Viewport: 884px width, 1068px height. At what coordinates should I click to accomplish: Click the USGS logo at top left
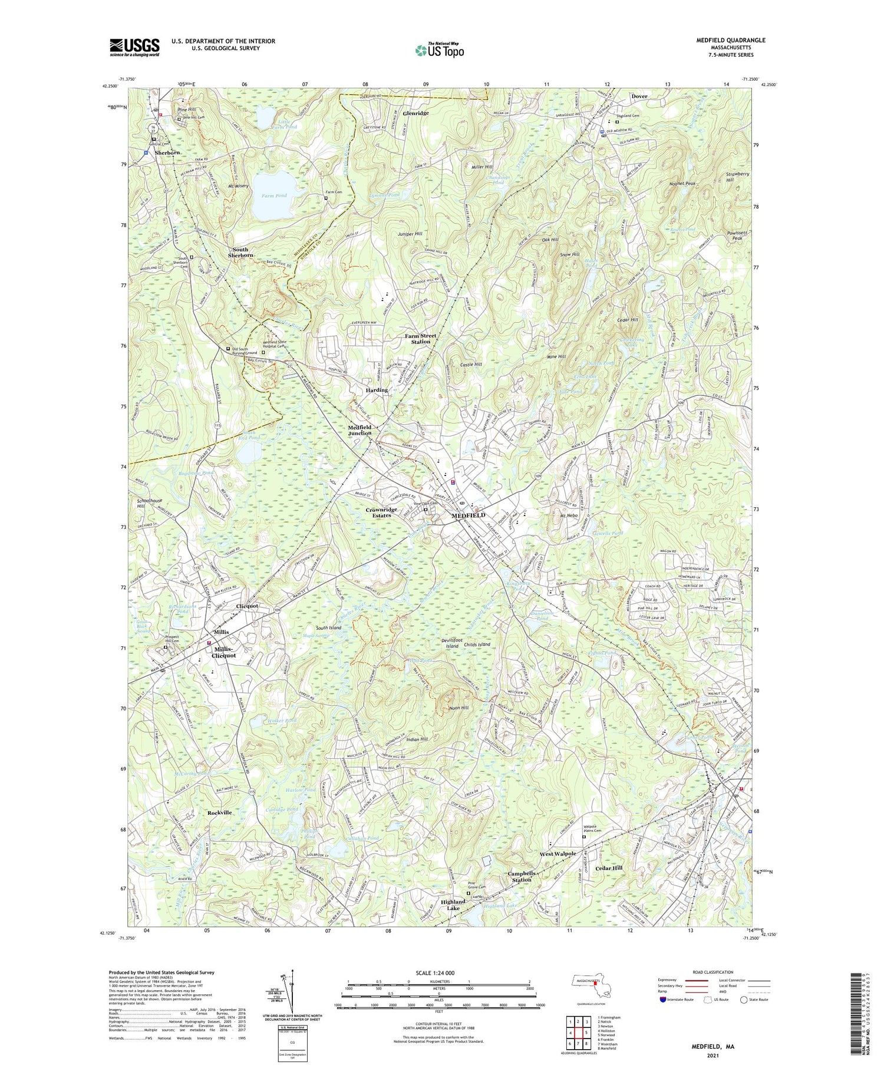[134, 47]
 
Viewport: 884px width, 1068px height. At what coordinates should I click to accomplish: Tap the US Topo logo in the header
[439, 50]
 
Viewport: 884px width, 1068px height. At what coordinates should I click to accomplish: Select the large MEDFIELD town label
[469, 515]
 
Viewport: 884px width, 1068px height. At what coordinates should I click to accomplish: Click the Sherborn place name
[167, 153]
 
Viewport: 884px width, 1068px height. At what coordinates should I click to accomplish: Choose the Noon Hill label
[459, 707]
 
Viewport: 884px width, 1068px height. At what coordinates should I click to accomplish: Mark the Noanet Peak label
[683, 184]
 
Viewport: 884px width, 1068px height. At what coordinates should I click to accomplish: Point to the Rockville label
[220, 812]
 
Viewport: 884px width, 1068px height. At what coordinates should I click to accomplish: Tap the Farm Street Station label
[421, 339]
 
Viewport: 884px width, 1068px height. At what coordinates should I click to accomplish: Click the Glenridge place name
[416, 113]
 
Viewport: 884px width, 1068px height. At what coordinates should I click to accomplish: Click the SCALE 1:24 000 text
[439, 973]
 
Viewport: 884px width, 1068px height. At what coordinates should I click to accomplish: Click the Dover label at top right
[639, 96]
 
